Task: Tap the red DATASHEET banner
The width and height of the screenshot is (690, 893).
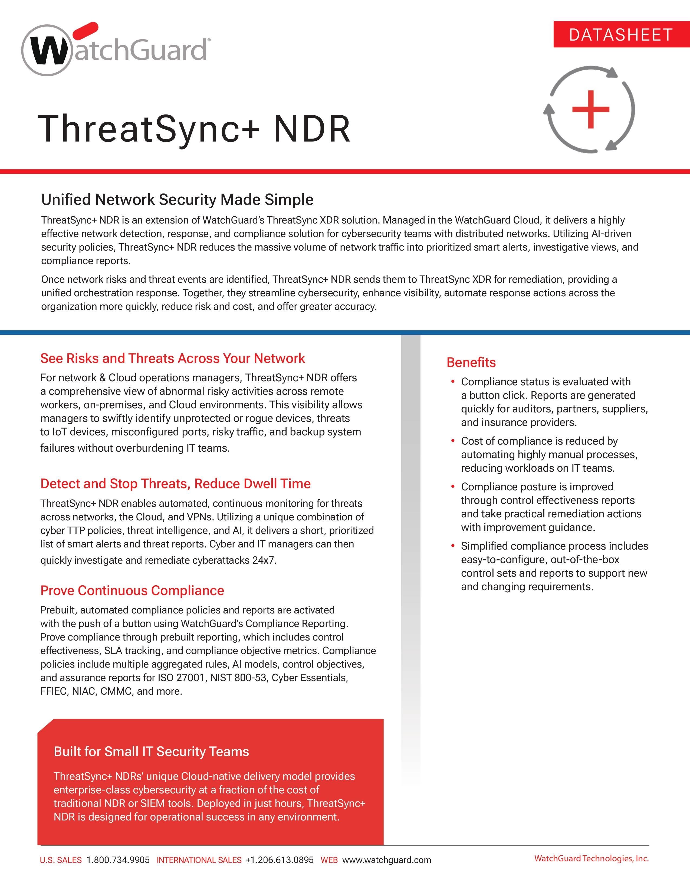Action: (x=621, y=35)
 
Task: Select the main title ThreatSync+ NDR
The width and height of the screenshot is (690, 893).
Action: (x=194, y=129)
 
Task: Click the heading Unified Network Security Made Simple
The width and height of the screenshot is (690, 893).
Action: (x=177, y=199)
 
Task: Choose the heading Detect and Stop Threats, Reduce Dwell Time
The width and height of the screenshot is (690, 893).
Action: (x=175, y=484)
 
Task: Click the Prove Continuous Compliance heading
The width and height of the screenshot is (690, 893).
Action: (x=132, y=590)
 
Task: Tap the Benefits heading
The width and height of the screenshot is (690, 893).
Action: (x=471, y=362)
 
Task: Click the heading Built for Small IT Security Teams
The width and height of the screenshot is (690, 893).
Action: (x=151, y=751)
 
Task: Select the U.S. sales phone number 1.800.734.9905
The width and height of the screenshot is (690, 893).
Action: (x=118, y=860)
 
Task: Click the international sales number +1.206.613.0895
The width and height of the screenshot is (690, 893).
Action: (x=280, y=860)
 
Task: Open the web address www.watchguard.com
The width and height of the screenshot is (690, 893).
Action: (x=386, y=860)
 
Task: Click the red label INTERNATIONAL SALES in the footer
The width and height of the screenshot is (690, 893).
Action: (x=199, y=860)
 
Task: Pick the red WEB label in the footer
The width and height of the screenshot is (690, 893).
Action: (x=329, y=860)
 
